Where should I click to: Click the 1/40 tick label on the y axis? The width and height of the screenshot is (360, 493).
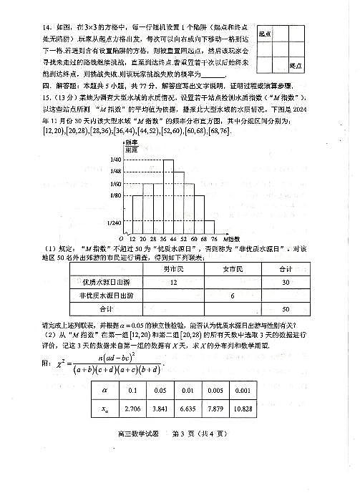click(x=115, y=160)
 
